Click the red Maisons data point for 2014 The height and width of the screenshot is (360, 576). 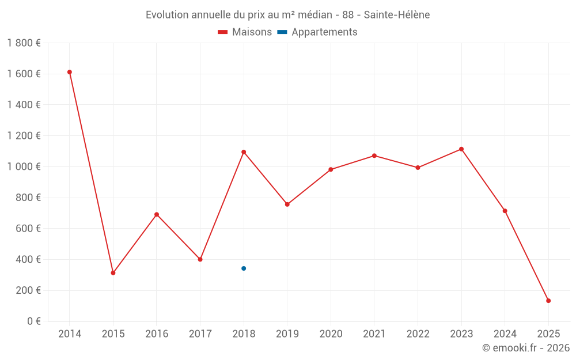click(x=70, y=72)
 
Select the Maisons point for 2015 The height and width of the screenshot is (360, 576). click(x=113, y=272)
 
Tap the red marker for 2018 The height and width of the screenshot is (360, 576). click(x=244, y=152)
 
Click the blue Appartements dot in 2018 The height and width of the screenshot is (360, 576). click(x=244, y=268)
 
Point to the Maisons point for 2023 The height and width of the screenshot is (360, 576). click(x=461, y=149)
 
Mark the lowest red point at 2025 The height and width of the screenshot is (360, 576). click(x=548, y=301)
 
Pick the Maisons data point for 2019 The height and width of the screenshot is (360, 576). click(x=287, y=204)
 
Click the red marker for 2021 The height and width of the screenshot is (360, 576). click(x=374, y=156)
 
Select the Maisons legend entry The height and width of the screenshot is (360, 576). click(x=245, y=32)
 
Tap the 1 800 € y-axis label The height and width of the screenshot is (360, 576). click(x=24, y=43)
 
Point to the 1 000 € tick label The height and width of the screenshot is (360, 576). click(x=24, y=166)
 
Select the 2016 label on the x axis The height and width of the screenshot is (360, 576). click(x=157, y=334)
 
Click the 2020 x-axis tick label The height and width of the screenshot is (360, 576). click(x=331, y=334)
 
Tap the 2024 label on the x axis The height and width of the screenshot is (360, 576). click(x=505, y=334)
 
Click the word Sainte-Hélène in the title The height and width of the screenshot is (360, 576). click(x=397, y=15)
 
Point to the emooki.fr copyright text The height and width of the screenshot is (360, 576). click(x=525, y=348)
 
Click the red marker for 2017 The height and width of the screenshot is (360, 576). click(x=200, y=259)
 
